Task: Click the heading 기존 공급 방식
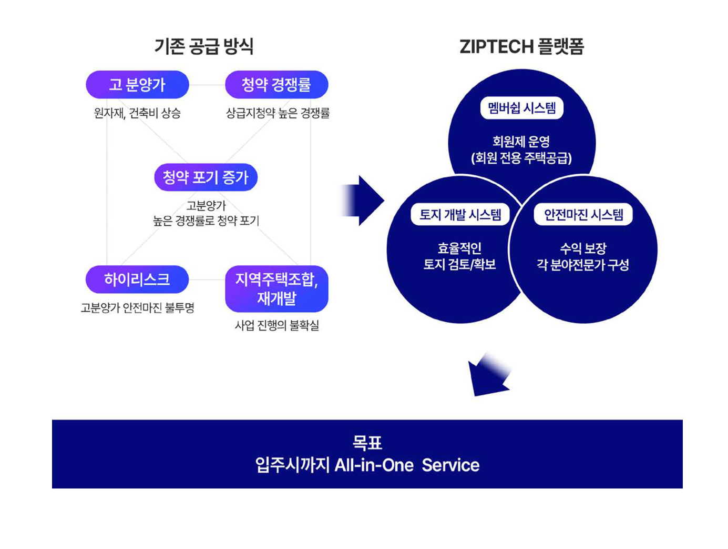click(x=204, y=46)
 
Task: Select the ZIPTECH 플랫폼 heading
click(x=521, y=46)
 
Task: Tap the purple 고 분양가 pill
click(x=137, y=84)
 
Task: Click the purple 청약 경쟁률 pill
click(x=276, y=84)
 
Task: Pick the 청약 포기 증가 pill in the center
click(x=206, y=177)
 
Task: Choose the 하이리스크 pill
click(x=137, y=279)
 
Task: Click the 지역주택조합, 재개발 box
click(x=276, y=288)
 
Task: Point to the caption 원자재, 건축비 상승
click(x=137, y=113)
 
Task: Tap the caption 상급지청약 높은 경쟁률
click(x=278, y=113)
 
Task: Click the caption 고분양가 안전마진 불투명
click(x=137, y=307)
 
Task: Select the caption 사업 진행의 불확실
click(x=276, y=325)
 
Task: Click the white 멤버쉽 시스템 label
click(x=521, y=108)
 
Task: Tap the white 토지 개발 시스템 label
click(x=460, y=214)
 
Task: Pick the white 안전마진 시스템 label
click(x=583, y=214)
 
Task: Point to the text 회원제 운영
click(x=521, y=141)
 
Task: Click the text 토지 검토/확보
click(x=460, y=264)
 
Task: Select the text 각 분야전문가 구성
click(x=583, y=264)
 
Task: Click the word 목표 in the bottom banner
click(x=367, y=443)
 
